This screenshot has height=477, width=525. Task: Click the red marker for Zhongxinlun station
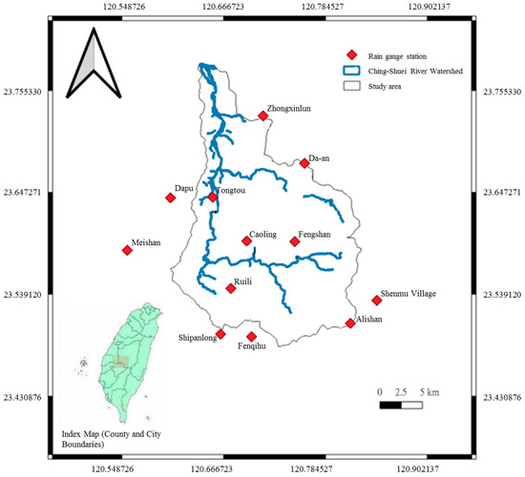click(262, 116)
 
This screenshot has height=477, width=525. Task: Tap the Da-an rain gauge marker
click(304, 163)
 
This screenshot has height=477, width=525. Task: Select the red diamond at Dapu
click(171, 197)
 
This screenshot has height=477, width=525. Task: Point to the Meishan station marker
click(127, 250)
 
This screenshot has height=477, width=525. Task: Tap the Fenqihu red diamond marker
click(252, 337)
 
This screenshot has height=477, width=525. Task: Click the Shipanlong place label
click(199, 338)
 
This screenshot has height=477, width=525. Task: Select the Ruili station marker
click(230, 288)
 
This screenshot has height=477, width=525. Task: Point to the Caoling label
click(262, 233)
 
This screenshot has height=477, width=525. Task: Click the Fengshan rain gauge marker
click(295, 241)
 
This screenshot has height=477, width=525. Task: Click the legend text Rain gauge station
click(398, 54)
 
